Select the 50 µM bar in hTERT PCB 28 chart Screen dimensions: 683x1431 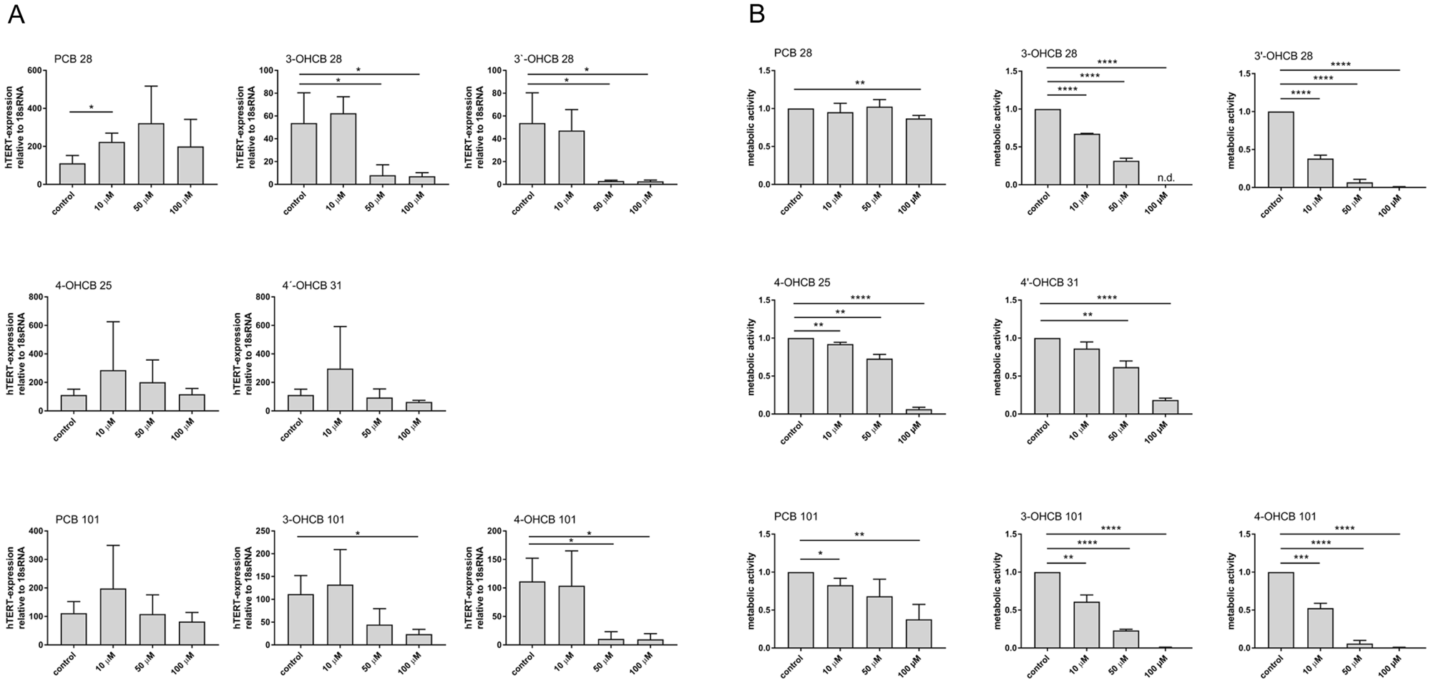(x=152, y=154)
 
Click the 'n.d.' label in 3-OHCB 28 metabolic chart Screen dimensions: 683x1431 (x=1166, y=178)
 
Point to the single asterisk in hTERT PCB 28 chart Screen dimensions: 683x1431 (x=91, y=108)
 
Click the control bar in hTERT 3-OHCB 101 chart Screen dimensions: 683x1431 (x=301, y=619)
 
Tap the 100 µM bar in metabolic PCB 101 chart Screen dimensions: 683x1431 (x=919, y=634)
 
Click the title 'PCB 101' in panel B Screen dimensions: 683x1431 (x=796, y=516)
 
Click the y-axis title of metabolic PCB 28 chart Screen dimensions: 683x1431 (x=751, y=127)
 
